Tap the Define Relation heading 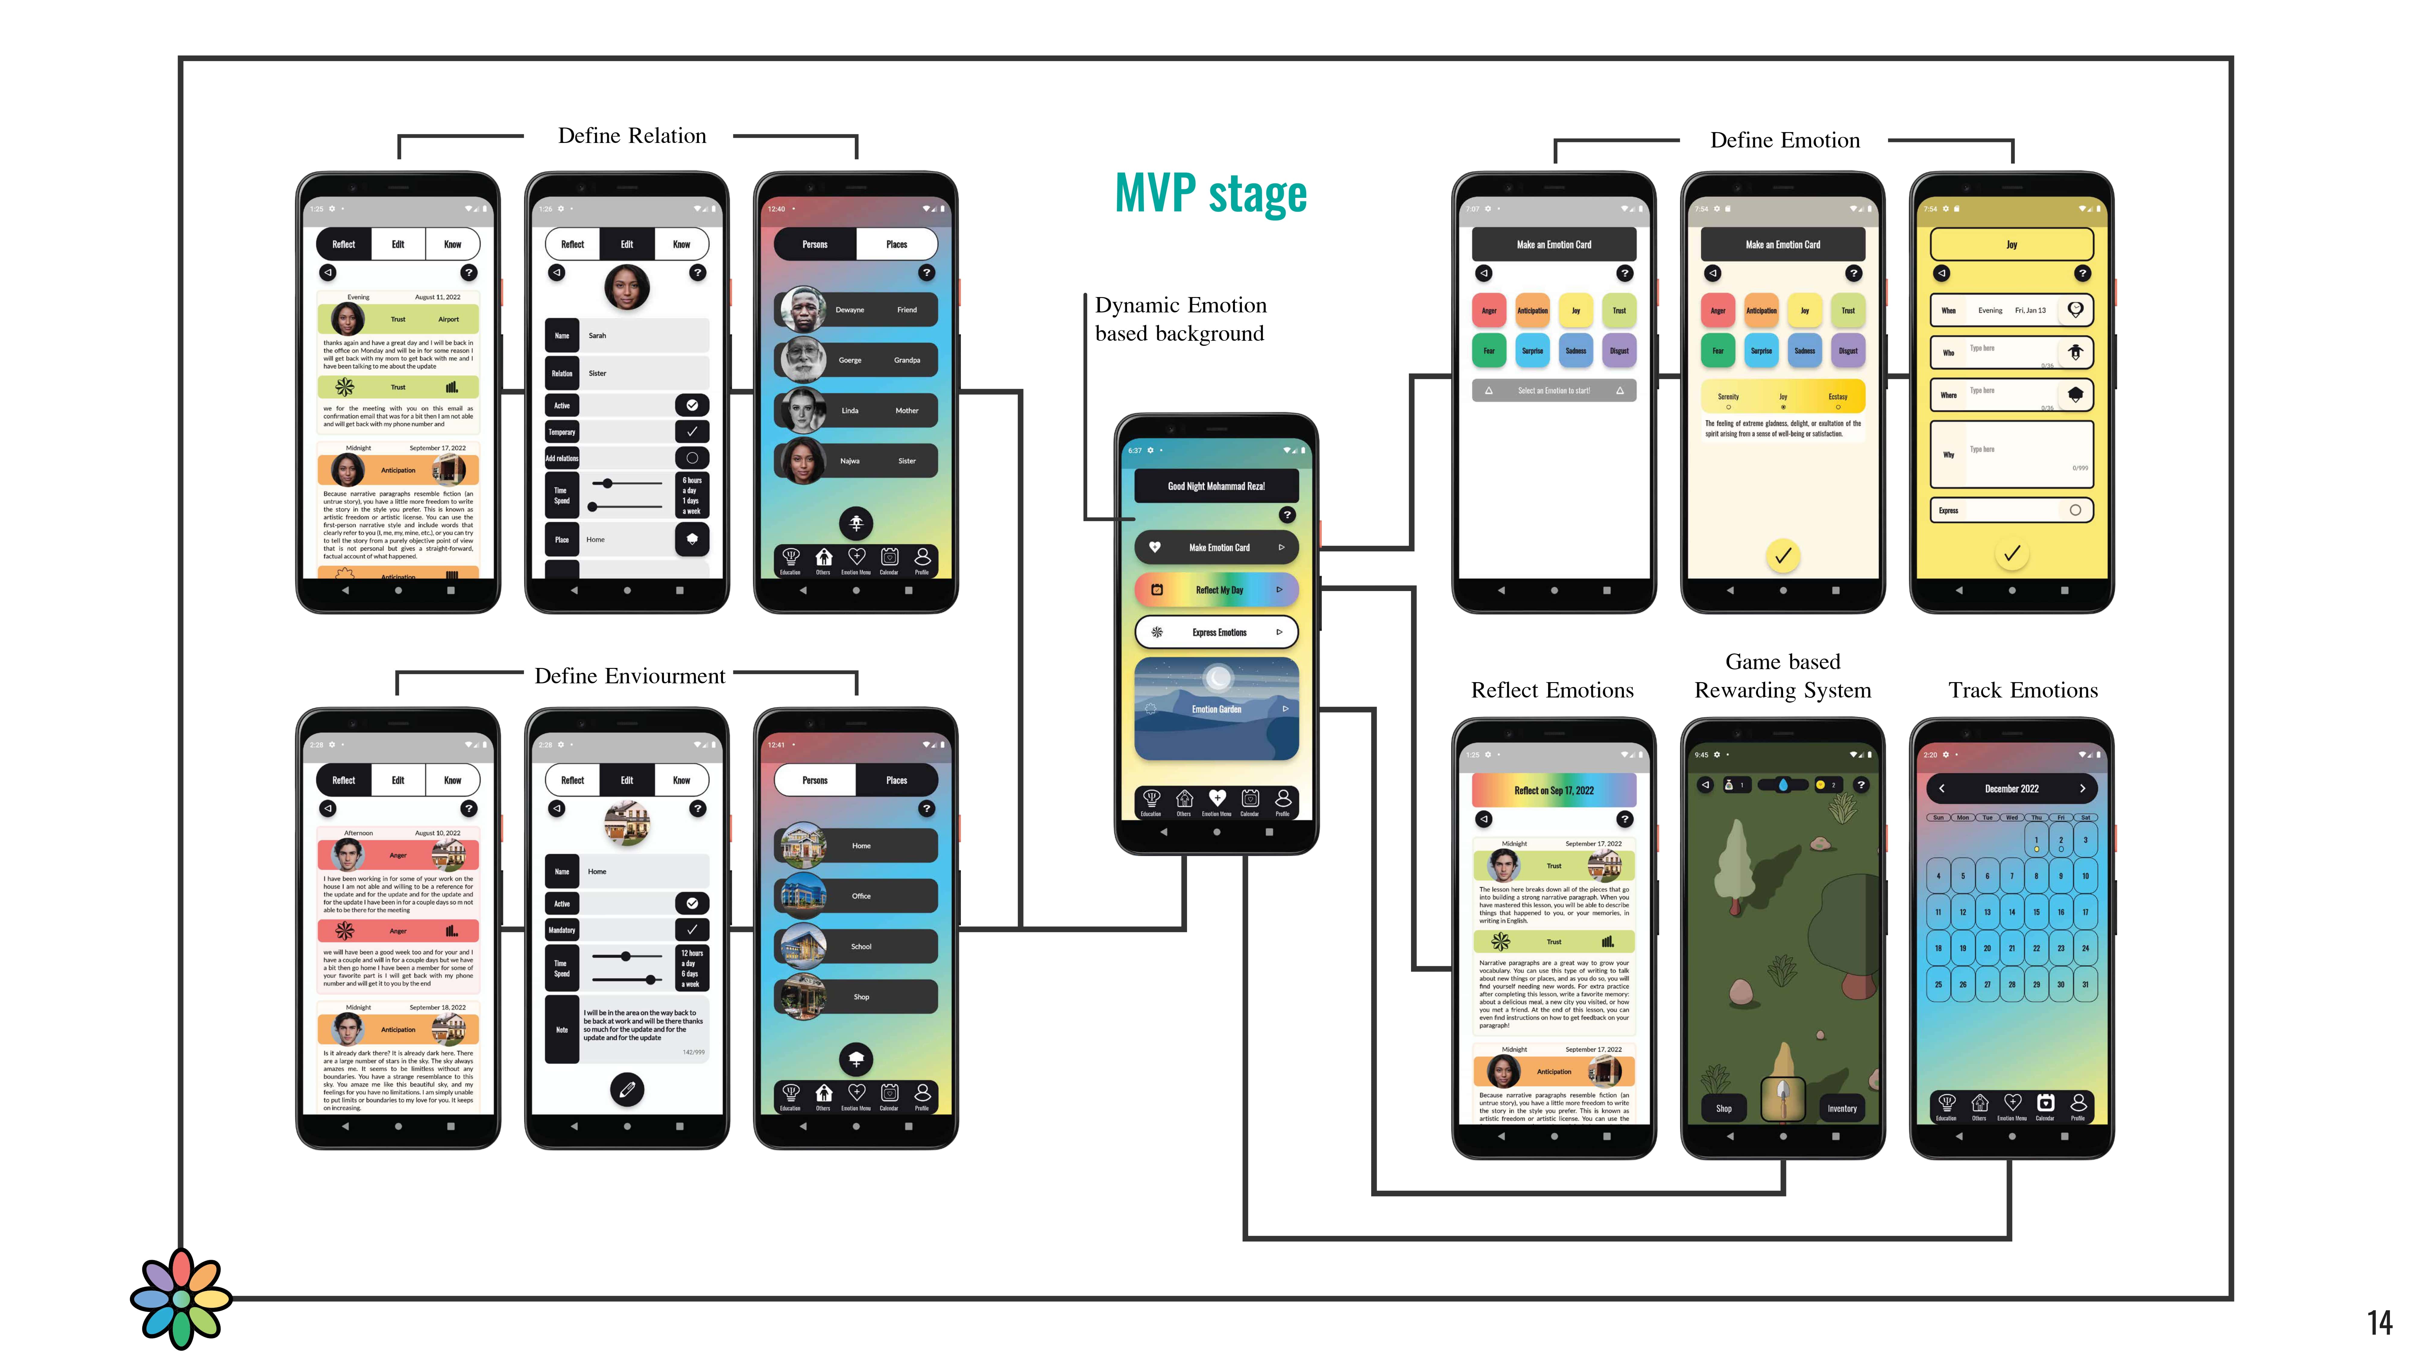[632, 136]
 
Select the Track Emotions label [2022, 690]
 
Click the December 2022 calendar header [2011, 789]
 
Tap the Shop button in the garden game [1724, 1108]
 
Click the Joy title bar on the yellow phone [2011, 245]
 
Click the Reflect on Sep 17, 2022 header [1553, 790]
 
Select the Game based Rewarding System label [1783, 676]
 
